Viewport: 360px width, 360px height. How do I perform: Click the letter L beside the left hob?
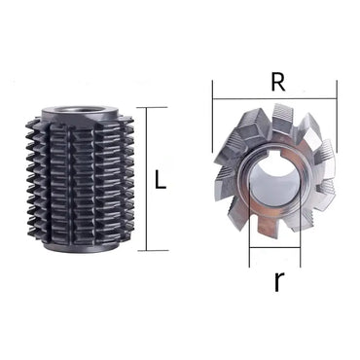click(162, 179)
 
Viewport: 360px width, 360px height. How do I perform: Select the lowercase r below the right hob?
click(278, 282)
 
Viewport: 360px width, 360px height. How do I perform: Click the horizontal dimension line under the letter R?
click(274, 97)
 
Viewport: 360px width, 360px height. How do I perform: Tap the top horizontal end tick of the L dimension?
click(151, 107)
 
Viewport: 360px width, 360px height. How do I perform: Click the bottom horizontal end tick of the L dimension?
click(151, 251)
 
